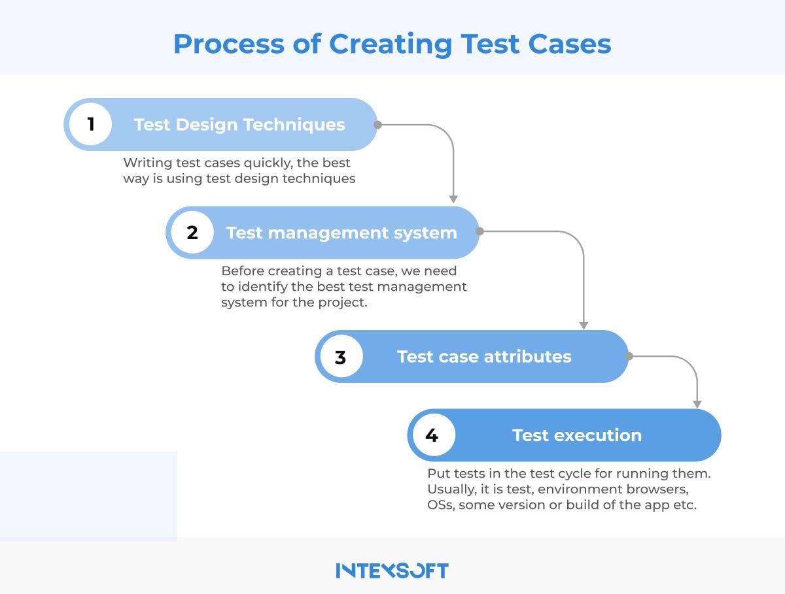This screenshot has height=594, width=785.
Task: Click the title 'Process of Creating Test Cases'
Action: point(392,44)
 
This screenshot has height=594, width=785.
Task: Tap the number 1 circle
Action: point(91,124)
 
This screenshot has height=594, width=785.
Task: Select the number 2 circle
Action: point(192,233)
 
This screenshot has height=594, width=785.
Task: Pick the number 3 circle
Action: point(340,357)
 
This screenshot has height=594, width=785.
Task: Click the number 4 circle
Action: point(432,435)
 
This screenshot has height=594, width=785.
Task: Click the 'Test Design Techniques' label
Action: point(239,124)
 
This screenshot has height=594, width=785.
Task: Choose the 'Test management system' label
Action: point(341,233)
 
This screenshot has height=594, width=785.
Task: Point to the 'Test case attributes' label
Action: point(484,357)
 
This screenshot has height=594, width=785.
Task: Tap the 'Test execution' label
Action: point(577,435)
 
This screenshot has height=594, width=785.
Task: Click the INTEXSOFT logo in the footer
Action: point(392,570)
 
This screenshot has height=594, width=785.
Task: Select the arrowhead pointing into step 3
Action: point(584,324)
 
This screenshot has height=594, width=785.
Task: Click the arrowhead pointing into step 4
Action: point(697,403)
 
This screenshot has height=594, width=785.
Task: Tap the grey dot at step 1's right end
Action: point(377,124)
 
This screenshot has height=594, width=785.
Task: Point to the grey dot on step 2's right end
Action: point(480,231)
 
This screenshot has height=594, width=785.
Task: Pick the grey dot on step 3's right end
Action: point(629,356)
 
